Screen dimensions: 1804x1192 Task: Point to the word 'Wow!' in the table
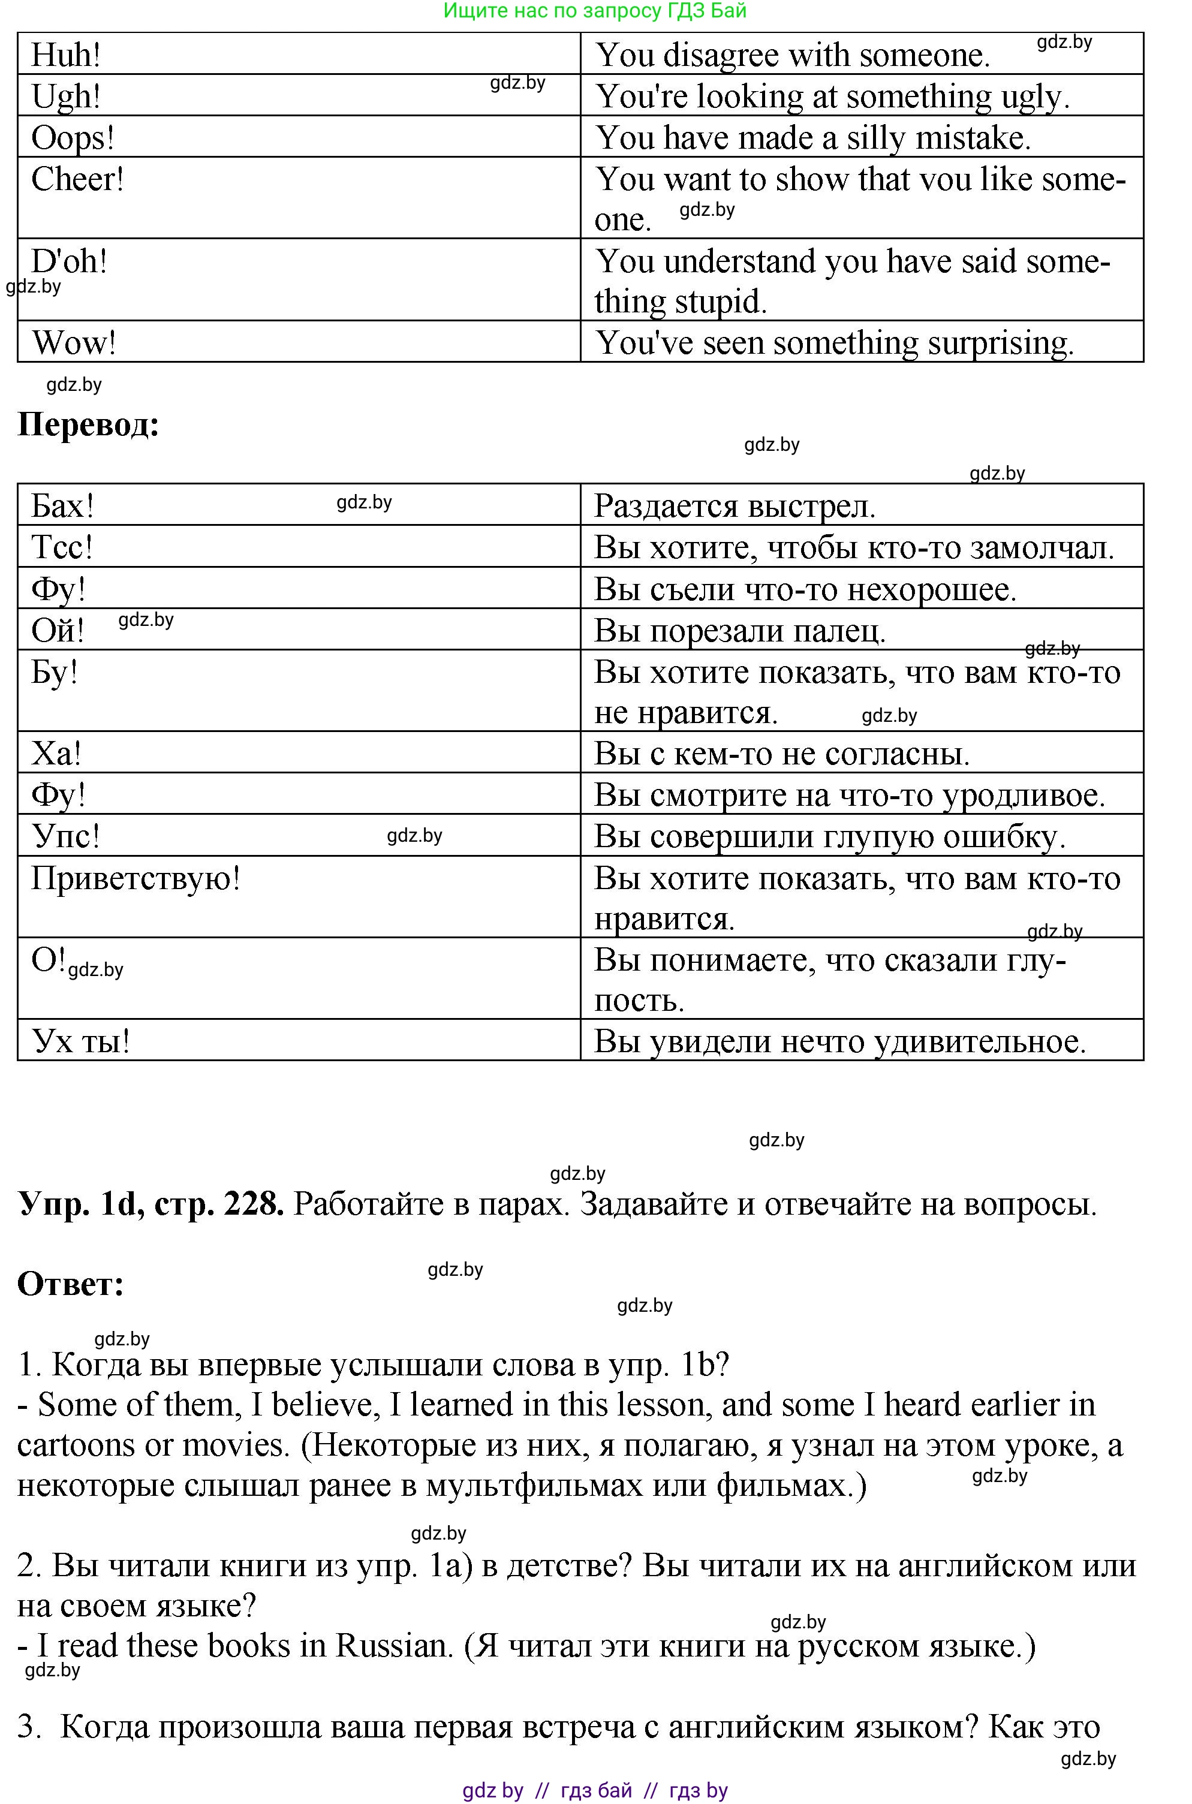74,343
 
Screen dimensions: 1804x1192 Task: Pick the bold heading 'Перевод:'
88,424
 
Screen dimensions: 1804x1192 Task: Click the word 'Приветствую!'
136,878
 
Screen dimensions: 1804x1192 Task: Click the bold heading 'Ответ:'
71,1284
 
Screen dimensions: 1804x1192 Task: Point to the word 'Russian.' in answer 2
395,1646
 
